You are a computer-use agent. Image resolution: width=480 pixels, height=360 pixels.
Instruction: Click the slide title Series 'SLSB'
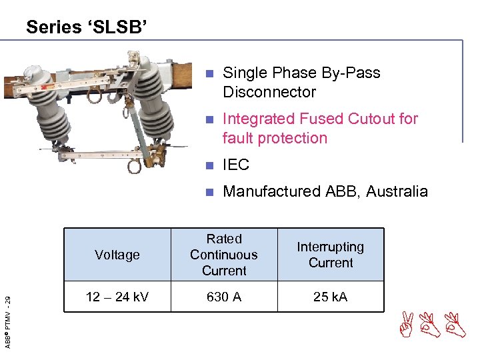87,27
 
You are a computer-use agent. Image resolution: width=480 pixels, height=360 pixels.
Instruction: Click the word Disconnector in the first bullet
269,92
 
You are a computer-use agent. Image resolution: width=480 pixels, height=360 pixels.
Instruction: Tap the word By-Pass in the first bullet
351,73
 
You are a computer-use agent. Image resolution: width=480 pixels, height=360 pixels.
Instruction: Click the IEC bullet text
235,165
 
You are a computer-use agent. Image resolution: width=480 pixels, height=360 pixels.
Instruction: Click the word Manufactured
272,191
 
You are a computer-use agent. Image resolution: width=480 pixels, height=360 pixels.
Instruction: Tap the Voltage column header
117,255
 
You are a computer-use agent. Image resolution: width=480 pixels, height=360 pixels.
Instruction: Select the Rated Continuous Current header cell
224,255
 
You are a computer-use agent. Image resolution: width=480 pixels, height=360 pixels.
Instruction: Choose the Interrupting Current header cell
331,255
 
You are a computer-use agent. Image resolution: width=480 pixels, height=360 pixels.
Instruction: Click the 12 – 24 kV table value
117,297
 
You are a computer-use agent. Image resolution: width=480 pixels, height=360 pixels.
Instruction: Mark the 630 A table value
224,297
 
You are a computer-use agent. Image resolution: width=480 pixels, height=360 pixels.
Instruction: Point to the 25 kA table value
331,297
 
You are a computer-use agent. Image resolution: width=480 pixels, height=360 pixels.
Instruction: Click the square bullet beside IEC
209,165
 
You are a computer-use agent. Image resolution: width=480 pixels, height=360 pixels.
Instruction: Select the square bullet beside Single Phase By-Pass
209,73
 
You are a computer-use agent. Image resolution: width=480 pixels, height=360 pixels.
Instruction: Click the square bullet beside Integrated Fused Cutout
209,120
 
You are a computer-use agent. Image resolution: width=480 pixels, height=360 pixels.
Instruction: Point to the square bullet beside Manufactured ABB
209,192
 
